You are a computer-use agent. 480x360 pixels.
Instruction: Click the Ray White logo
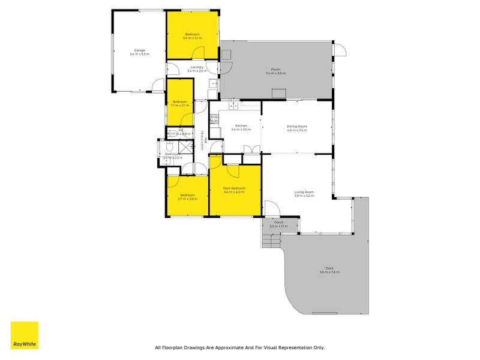coord(24,335)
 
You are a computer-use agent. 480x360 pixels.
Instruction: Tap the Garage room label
coord(139,52)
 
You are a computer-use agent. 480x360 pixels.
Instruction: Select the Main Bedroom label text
coord(235,190)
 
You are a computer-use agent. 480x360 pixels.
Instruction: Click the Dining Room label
coord(296,128)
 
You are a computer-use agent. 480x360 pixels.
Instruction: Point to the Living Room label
coord(304,193)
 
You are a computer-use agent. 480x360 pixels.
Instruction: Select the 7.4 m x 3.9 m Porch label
coord(276,71)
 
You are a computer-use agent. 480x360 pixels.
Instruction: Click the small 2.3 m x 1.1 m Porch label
coord(278,224)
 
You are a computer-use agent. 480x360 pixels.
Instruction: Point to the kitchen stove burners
coord(214,118)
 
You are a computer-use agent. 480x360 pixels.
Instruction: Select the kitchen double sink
coord(234,107)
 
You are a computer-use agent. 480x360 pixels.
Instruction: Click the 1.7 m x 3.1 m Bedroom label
coord(180,103)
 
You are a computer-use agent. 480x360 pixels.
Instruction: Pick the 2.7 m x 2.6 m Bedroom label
coord(188,197)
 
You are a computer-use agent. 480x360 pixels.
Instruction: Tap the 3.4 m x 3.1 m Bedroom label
coord(193,36)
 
